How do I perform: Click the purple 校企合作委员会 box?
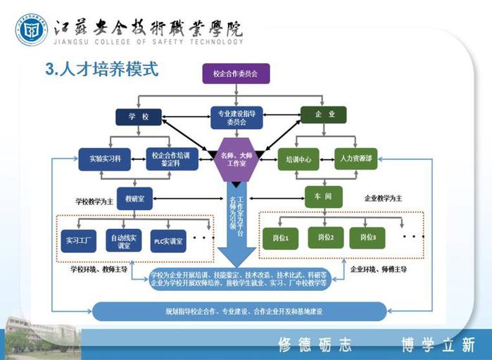coord(236,73)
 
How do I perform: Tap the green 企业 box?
coord(323,114)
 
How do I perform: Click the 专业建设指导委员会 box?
coord(236,117)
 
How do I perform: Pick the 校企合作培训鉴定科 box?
coord(172,158)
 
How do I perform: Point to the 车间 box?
coord(324,197)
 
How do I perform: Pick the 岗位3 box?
coord(366,238)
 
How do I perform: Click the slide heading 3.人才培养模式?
coord(101,70)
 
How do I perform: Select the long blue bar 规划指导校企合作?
coord(240,311)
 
